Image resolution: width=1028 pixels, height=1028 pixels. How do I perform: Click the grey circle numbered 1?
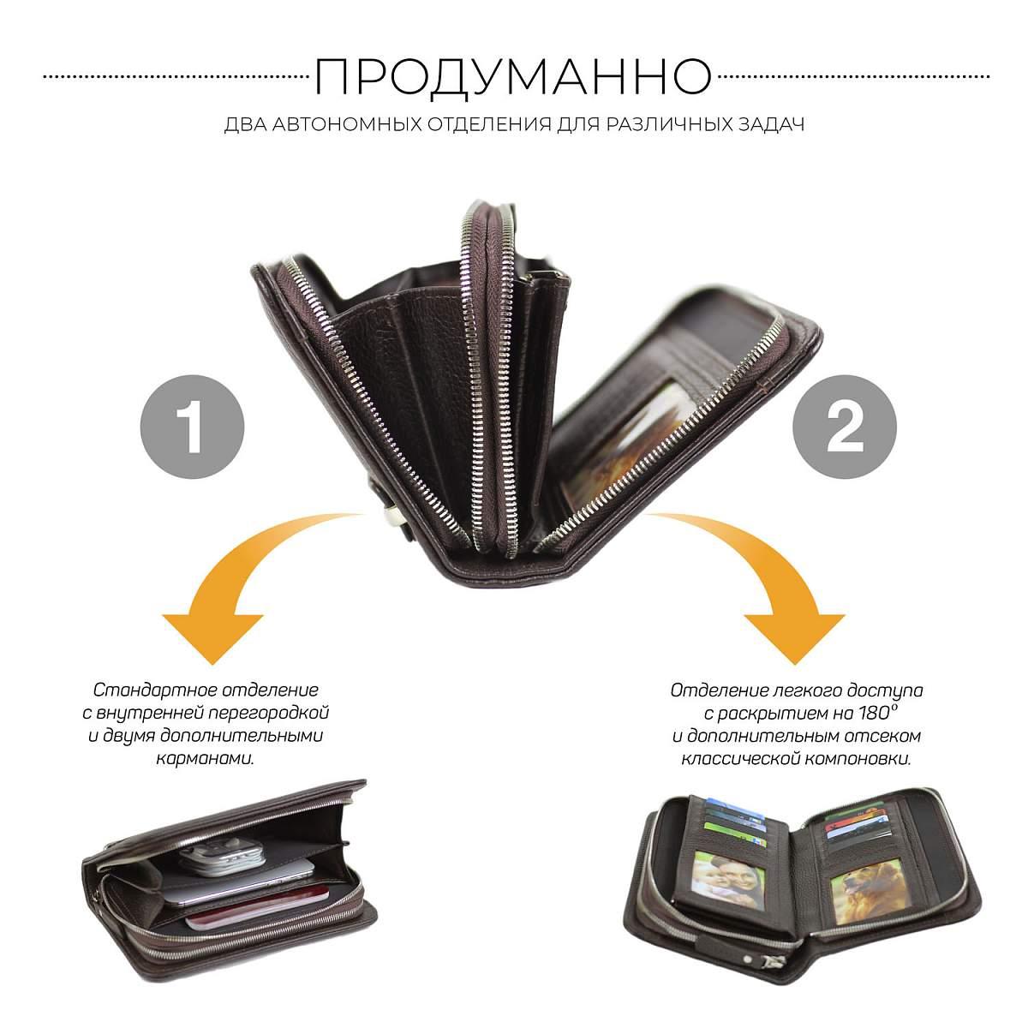192,427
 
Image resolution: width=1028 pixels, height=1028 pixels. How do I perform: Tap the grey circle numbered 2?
845,427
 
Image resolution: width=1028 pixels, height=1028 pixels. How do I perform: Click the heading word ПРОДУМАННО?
513,76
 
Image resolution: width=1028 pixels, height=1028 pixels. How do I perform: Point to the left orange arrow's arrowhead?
212,638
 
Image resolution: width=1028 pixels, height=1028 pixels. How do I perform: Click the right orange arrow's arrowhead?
795,638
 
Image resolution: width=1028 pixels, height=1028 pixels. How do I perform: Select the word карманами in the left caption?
206,759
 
